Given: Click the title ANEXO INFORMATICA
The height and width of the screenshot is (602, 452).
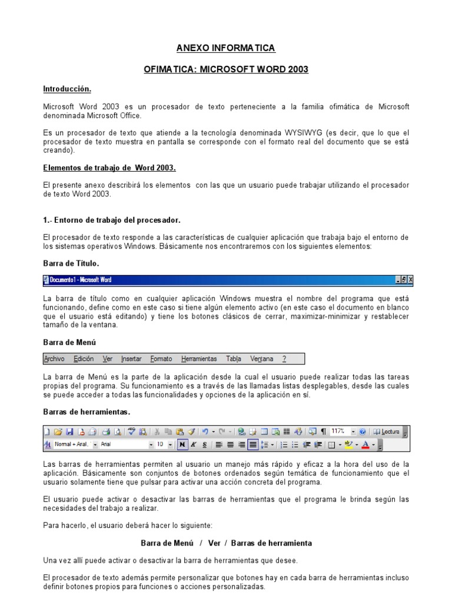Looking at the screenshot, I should coord(226,48).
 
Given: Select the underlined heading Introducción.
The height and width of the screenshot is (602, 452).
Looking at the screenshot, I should coord(67,89).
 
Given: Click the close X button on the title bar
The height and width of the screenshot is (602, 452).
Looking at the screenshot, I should coord(410,280).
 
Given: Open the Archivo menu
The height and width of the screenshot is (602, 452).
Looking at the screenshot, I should coord(54,359).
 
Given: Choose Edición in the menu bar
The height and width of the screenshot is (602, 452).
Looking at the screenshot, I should coord(84,359).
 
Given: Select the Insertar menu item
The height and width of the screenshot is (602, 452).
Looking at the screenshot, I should coord(131,359).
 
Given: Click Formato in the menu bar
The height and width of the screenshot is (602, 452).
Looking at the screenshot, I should coord(161,359).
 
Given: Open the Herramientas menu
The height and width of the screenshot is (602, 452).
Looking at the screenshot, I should coord(199,359).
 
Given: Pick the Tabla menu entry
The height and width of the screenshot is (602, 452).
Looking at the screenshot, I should coord(234,359).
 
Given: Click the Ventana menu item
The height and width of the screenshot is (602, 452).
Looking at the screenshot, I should coord(261,359).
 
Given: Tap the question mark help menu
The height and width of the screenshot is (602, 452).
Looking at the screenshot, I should coord(284,359).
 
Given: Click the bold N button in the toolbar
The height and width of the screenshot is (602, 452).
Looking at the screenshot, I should coord(182,445).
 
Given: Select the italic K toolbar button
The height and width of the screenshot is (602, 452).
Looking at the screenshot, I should coord(193,445).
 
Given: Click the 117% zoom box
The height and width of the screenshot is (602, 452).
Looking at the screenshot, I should coord(340,431).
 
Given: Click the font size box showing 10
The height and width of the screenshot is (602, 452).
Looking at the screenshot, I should coord(160,445).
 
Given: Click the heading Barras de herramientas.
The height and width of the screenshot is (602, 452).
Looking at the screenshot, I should coord(87,412).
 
